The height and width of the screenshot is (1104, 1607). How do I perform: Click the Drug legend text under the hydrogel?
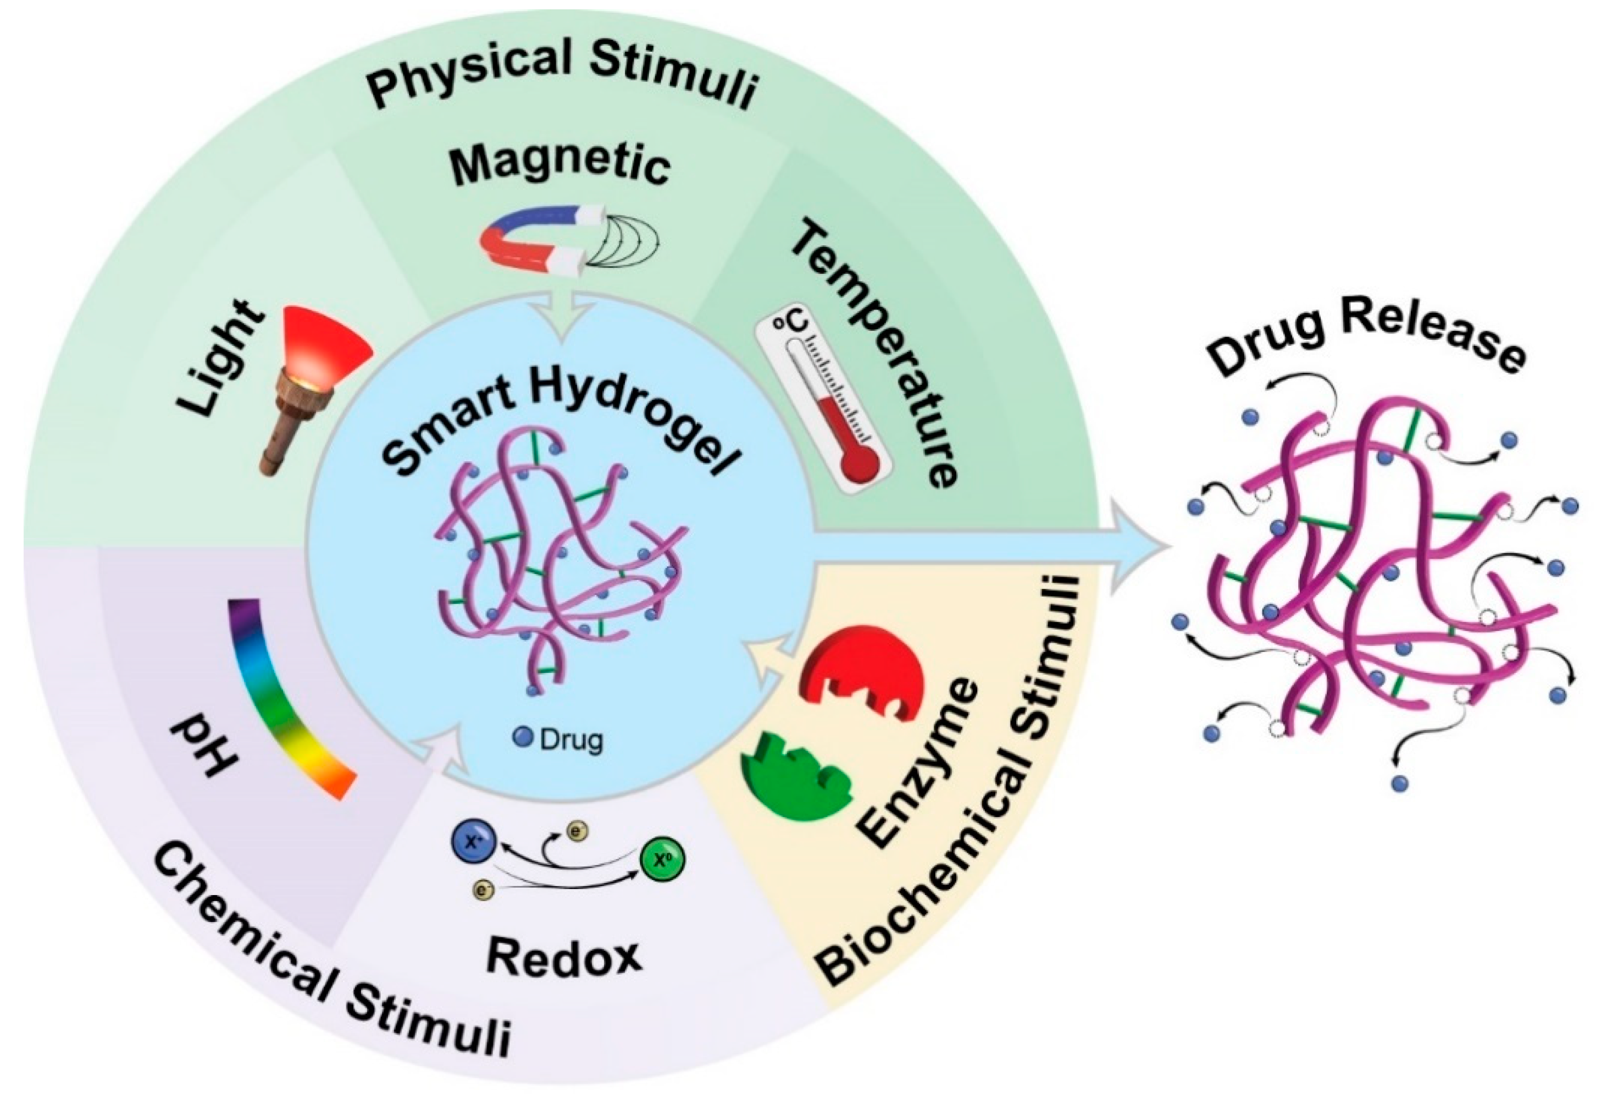click(571, 739)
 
